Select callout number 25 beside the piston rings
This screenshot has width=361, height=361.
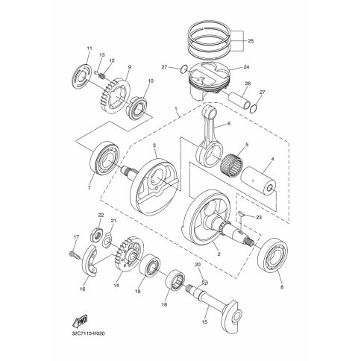pyautogui.click(x=251, y=41)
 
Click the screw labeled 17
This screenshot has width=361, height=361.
pyautogui.click(x=74, y=254)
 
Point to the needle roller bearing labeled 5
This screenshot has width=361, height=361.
pyautogui.click(x=231, y=164)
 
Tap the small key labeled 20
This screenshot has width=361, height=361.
pyautogui.click(x=204, y=282)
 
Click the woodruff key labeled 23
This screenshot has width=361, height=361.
pyautogui.click(x=241, y=213)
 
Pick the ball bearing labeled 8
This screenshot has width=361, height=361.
pyautogui.click(x=272, y=254)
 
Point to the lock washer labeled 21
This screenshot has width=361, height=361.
pyautogui.click(x=107, y=240)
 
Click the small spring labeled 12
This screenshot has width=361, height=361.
pyautogui.click(x=102, y=75)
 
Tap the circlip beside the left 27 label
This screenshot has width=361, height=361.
pyautogui.click(x=183, y=69)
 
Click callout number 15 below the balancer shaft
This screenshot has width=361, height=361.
pyautogui.click(x=204, y=322)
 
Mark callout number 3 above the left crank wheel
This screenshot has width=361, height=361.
pyautogui.click(x=154, y=145)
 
